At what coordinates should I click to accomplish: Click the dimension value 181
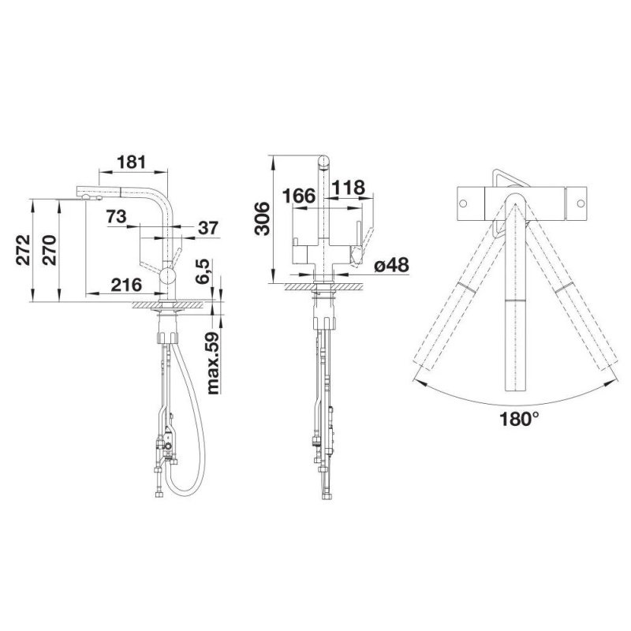(x=131, y=162)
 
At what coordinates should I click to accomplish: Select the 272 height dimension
(x=24, y=249)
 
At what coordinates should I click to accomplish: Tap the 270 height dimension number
(x=50, y=249)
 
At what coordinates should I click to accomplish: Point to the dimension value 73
(x=116, y=216)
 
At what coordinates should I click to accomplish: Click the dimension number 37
(x=208, y=228)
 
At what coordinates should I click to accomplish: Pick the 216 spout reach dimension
(x=126, y=285)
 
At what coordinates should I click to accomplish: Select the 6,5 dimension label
(x=203, y=271)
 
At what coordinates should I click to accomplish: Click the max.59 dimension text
(x=213, y=363)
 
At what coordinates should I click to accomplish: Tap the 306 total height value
(x=263, y=218)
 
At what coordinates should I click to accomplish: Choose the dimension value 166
(x=299, y=196)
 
